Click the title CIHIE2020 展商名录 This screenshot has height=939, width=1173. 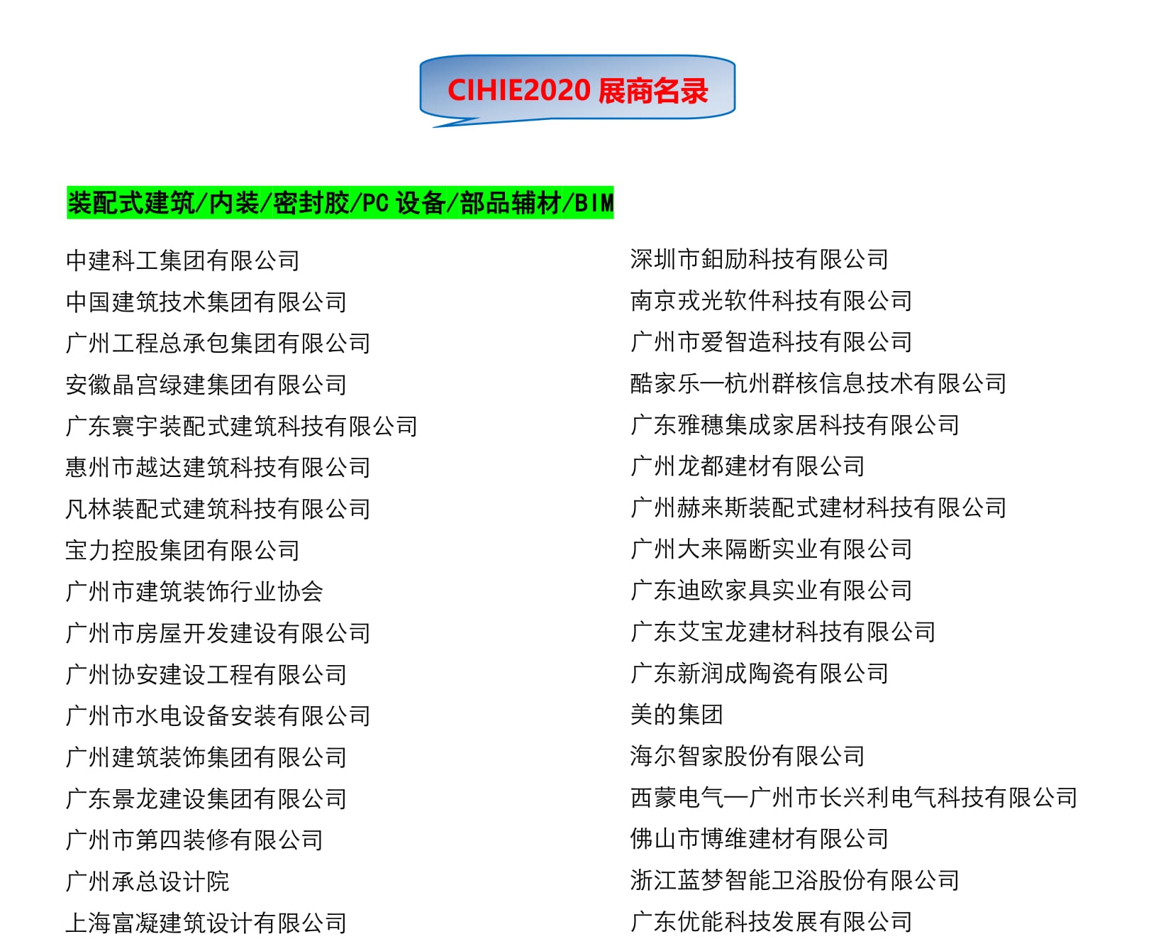click(x=577, y=91)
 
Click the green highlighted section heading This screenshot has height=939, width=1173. click(x=340, y=203)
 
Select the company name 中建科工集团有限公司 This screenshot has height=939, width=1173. click(x=182, y=260)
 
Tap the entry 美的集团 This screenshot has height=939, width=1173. click(x=677, y=714)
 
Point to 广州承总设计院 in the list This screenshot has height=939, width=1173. click(x=148, y=882)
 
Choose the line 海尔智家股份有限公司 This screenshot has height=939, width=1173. click(x=747, y=756)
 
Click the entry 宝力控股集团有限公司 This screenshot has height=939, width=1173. click(x=182, y=550)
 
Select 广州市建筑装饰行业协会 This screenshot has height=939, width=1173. click(x=194, y=591)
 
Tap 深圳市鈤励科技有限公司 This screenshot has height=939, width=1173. click(x=759, y=259)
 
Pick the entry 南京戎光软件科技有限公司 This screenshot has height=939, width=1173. click(x=771, y=300)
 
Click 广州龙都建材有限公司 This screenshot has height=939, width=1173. click(x=747, y=466)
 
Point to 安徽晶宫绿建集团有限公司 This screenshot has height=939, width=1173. click(x=206, y=385)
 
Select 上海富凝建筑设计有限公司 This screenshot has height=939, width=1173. click(x=206, y=923)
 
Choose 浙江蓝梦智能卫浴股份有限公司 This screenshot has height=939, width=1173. click(x=794, y=880)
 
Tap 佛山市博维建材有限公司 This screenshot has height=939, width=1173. click(x=759, y=839)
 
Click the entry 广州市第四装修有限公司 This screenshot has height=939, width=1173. click(x=194, y=840)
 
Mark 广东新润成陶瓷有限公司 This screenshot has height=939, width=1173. click(x=759, y=673)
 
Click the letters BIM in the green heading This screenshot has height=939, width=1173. click(x=594, y=204)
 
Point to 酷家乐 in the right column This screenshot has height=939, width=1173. click(x=665, y=383)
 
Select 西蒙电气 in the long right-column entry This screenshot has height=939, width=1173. click(x=677, y=797)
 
